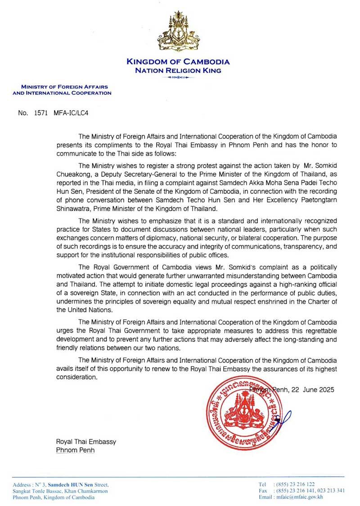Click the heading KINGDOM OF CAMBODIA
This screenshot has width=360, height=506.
(x=178, y=62)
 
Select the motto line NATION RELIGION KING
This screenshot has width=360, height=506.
(x=179, y=70)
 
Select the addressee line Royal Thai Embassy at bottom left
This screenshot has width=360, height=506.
(x=85, y=442)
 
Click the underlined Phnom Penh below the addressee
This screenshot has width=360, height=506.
(x=75, y=450)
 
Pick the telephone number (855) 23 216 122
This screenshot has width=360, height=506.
(x=300, y=484)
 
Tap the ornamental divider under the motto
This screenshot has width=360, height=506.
(x=179, y=77)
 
